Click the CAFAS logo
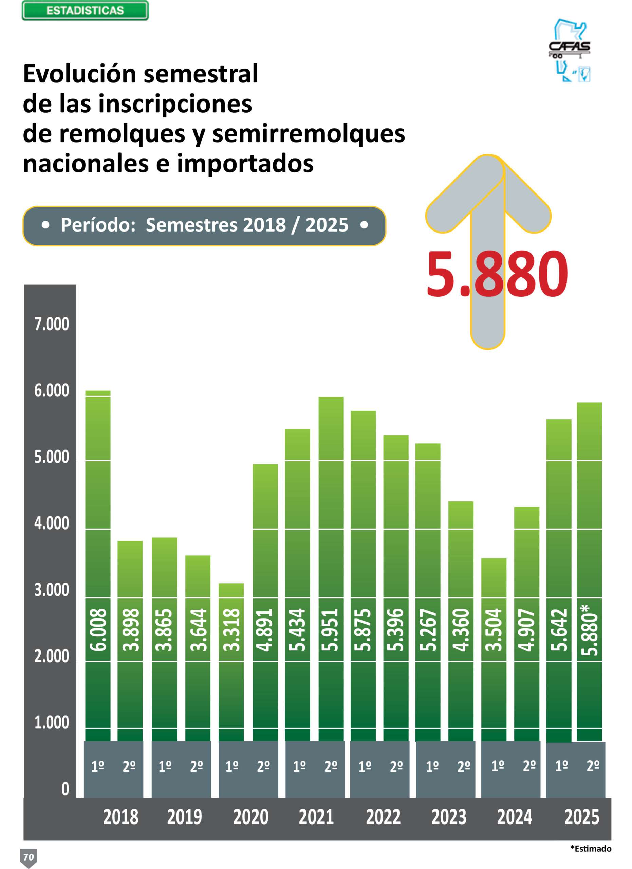tap(570, 51)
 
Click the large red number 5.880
tap(497, 274)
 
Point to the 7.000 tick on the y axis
tap(52, 324)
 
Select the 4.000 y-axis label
tap(52, 523)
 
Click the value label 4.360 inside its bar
tap(461, 630)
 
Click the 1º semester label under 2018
tap(98, 766)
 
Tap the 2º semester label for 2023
tap(463, 766)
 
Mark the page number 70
tap(29, 857)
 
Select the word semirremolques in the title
tap(308, 134)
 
